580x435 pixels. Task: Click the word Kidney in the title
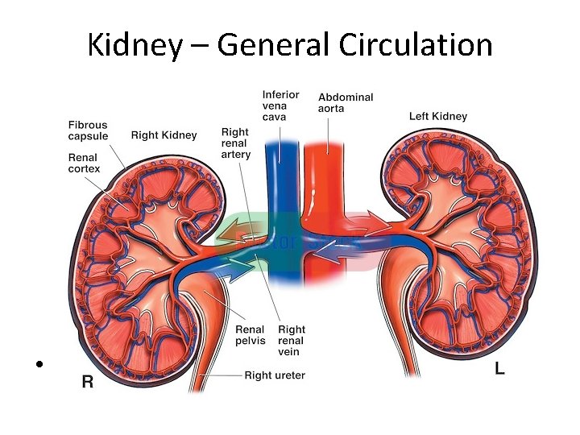135,45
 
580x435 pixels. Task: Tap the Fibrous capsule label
88,130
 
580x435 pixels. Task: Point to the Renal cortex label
84,164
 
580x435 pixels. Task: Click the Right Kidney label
164,135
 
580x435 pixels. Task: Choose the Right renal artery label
235,143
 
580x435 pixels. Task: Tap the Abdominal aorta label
346,102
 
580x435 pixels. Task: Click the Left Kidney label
438,116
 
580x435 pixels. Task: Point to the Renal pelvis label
250,335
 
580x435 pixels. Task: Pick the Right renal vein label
292,341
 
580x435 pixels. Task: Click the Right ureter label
275,375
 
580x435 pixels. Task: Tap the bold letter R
87,382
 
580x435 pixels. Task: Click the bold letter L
499,370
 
